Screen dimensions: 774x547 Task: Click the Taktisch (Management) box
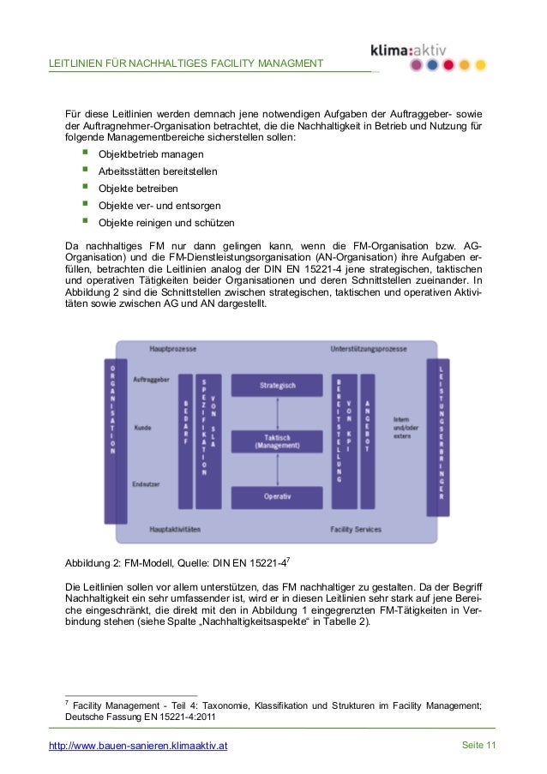pos(277,441)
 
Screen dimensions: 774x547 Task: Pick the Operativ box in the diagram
pos(277,497)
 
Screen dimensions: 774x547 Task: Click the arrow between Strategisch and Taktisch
pos(277,413)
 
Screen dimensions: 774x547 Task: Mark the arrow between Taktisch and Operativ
pos(277,470)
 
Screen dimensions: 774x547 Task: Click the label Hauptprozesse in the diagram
pos(173,350)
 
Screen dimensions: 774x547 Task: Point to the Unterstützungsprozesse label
pos(370,350)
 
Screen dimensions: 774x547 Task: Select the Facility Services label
pos(356,530)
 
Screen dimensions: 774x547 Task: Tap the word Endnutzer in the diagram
pos(146,484)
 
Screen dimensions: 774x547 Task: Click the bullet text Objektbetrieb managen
pos(151,155)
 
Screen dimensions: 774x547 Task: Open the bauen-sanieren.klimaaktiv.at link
pos(138,747)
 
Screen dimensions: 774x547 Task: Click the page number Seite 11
pos(479,746)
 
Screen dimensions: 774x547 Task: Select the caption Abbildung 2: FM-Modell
pos(177,563)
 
